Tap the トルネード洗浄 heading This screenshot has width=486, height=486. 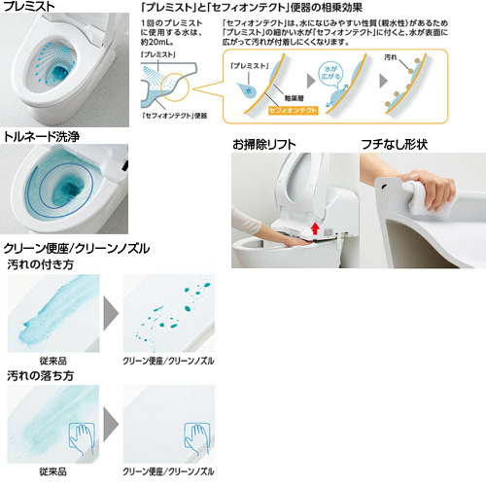pyautogui.click(x=44, y=137)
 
